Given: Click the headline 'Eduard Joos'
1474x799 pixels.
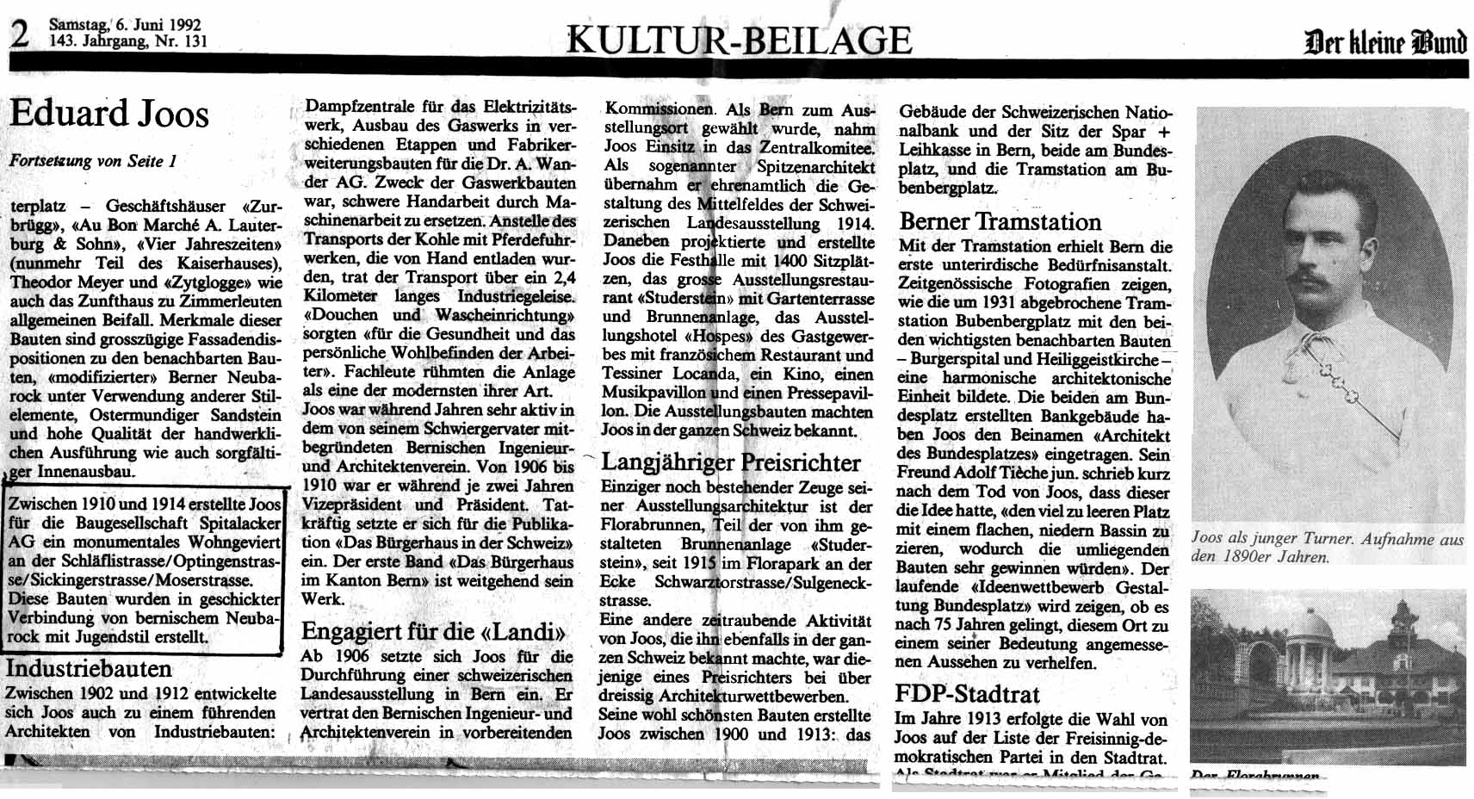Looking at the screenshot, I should point(109,113).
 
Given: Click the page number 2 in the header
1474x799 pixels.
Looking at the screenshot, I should point(19,34).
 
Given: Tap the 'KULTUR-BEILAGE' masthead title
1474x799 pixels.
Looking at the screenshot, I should point(739,40).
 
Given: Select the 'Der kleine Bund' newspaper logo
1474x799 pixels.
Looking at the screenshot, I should point(1385,41).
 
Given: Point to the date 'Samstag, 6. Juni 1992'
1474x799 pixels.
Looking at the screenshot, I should point(125,24).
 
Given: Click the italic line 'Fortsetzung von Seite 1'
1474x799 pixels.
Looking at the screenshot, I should point(93,161).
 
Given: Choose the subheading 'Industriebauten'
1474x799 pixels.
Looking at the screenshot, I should point(89,669).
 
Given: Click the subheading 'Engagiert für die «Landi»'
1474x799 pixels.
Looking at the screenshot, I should point(433,632).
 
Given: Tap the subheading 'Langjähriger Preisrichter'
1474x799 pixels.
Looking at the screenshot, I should point(731,462).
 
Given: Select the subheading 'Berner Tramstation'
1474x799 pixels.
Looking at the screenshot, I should point(1000,222).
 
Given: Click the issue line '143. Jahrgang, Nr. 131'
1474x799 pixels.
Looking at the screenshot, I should point(128,40).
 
